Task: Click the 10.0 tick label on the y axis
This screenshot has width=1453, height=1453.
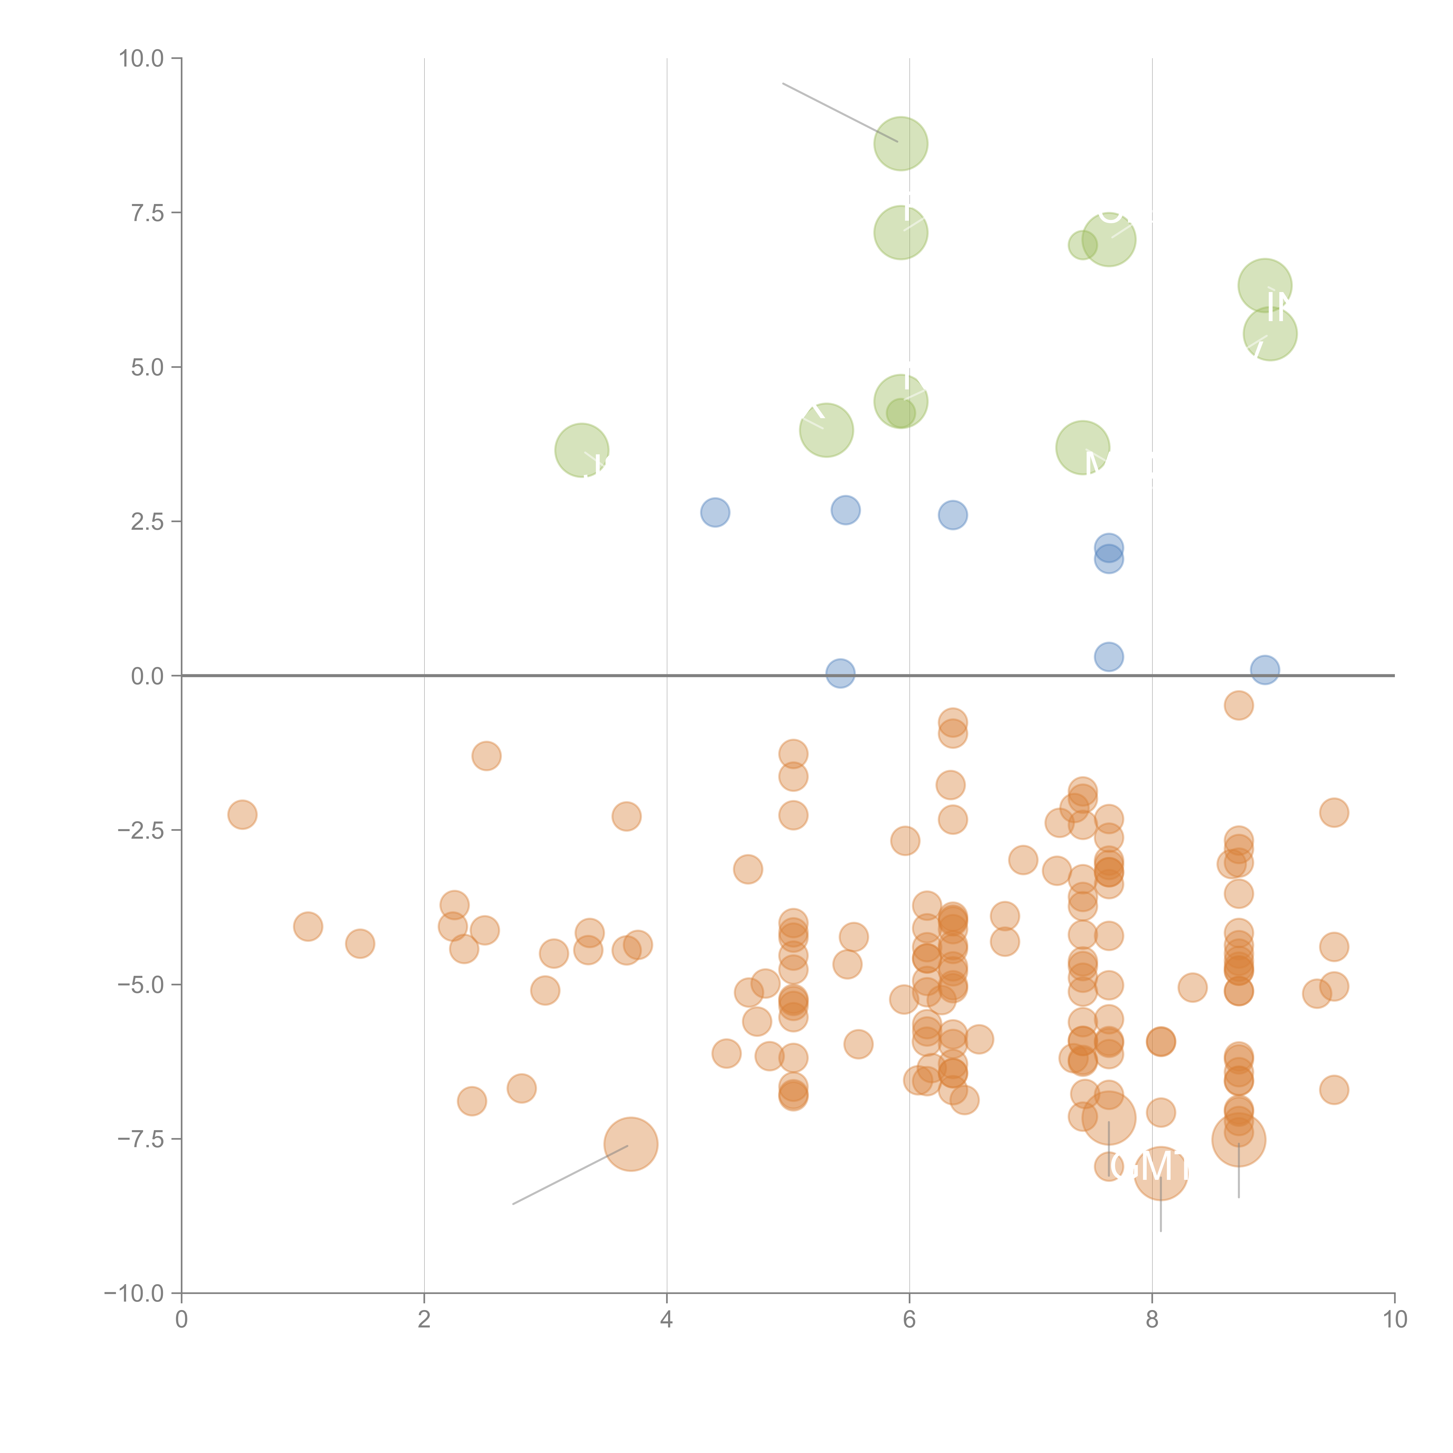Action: coord(142,59)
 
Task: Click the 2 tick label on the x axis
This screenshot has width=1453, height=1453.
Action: coord(424,1320)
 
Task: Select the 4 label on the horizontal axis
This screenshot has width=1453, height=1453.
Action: coord(666,1320)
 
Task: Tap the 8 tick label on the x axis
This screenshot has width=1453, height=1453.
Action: coord(1151,1320)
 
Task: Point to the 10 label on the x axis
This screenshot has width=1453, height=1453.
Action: coord(1394,1320)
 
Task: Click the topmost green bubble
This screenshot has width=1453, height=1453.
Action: coord(900,144)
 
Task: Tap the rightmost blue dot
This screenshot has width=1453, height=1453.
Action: coord(1265,669)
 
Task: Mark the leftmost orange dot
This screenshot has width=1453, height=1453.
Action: coord(242,815)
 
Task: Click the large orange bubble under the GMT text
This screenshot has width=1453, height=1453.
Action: coord(1160,1173)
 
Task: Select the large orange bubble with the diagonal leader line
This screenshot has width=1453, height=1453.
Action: coord(631,1145)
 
